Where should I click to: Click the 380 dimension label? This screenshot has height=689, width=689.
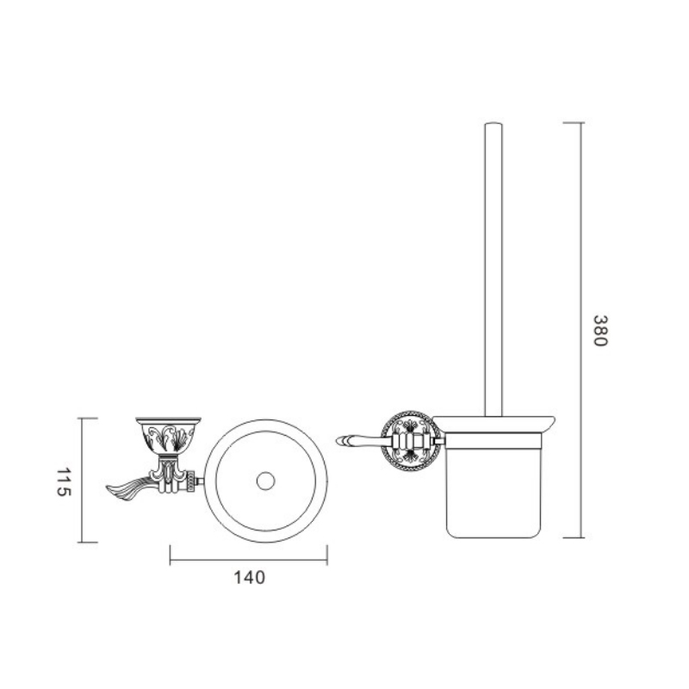(599, 331)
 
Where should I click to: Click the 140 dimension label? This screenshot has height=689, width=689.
(249, 577)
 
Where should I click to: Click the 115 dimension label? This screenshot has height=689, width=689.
(64, 482)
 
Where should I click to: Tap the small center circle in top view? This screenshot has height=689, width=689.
(265, 481)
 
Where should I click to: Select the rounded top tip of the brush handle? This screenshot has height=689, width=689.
(493, 124)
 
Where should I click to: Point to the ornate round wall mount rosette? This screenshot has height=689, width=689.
(411, 440)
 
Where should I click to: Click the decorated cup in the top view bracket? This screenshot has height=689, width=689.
(168, 435)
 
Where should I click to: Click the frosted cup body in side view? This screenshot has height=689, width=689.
(493, 486)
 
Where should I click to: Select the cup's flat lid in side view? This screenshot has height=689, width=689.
(493, 424)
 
